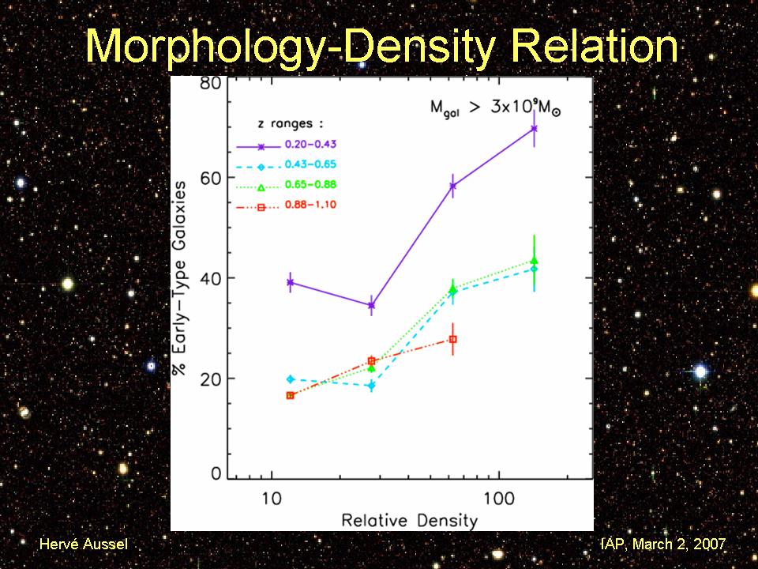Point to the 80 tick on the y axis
pos(209,84)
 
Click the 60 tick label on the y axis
pos(209,179)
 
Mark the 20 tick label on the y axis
pos(209,378)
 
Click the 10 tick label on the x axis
pos(271,501)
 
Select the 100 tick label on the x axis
pos(498,501)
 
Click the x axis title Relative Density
pos(409,520)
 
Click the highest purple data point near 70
pos(535,128)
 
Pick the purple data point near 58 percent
pos(452,187)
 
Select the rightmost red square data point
pos(452,339)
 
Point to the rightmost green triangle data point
pos(535,260)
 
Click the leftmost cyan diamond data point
pos(291,379)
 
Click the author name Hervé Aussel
pos(83,545)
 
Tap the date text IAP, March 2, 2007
pos(663,545)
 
